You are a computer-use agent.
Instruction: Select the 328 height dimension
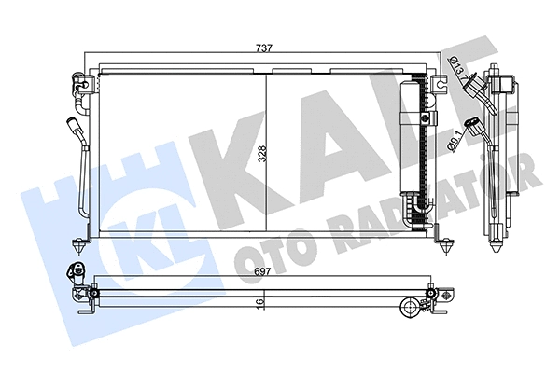tap(262, 154)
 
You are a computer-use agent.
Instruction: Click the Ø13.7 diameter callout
tap(456, 68)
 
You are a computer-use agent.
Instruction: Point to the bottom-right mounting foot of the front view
tap(445, 243)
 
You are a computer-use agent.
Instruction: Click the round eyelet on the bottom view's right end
tap(410, 307)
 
